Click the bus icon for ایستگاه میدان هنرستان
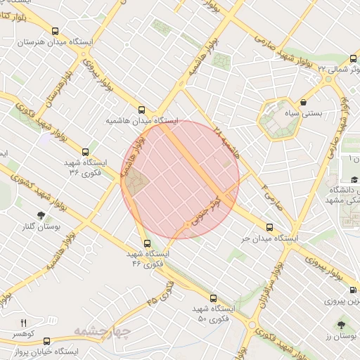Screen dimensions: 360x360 tap(56, 31)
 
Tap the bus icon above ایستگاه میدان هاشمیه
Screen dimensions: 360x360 tap(142, 110)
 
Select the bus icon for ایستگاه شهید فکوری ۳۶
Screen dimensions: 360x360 tap(86, 151)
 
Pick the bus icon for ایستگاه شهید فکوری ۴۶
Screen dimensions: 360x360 tap(147, 243)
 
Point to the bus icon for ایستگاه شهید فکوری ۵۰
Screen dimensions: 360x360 tap(214, 298)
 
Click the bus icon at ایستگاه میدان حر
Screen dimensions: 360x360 tap(270, 227)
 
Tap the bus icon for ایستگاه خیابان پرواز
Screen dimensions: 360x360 tap(46, 340)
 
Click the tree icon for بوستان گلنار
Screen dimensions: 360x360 tap(39, 215)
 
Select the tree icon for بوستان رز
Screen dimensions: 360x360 tap(341, 325)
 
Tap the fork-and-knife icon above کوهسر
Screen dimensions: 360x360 tap(22, 322)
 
